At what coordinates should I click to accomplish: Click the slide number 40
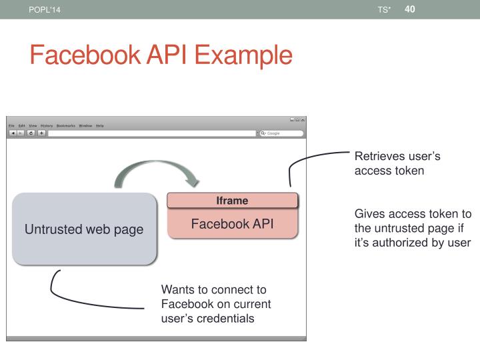point(409,9)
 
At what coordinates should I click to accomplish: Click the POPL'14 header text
point(39,9)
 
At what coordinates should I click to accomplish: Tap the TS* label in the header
point(383,9)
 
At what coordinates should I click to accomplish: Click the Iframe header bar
point(232,200)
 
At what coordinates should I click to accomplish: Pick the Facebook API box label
point(232,223)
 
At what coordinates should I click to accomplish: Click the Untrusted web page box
point(84,230)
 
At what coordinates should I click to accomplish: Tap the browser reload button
point(31,133)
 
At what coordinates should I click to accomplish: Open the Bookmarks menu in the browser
point(66,125)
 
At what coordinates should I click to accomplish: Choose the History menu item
point(46,125)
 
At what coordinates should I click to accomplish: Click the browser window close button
point(303,119)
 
